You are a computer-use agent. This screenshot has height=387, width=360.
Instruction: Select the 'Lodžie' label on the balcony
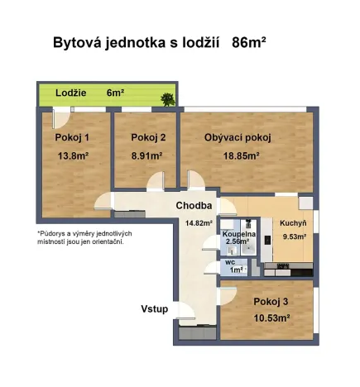72,93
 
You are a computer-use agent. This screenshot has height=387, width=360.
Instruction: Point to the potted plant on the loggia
168,100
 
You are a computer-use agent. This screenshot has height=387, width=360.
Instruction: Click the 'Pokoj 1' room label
73,137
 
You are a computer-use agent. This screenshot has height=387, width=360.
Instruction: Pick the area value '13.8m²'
73,155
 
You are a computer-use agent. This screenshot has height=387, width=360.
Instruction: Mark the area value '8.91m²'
145,155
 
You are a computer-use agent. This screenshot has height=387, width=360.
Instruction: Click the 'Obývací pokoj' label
238,137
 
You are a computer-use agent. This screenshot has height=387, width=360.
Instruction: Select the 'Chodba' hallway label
194,206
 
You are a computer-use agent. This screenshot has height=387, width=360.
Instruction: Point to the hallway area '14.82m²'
199,222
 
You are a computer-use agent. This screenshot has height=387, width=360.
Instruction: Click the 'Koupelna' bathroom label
238,234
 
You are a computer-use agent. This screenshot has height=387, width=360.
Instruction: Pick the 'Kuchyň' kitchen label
293,223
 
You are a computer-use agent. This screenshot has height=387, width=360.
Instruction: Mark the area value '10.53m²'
271,318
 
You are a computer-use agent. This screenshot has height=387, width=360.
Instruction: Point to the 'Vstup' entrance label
154,309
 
